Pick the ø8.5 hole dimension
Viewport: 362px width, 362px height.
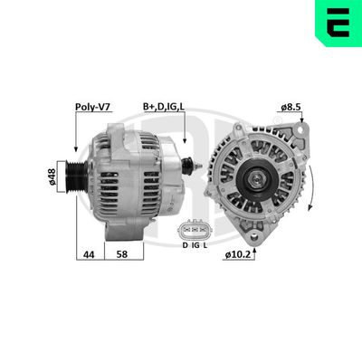click(x=291, y=107)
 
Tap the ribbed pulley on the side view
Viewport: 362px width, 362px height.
click(x=75, y=171)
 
